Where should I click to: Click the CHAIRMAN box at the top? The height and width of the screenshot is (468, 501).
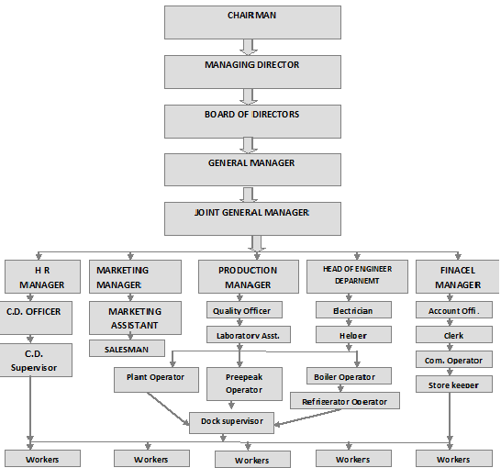252,22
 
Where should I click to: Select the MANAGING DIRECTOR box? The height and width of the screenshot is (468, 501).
252,71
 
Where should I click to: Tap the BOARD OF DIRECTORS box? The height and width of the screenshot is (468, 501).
252,119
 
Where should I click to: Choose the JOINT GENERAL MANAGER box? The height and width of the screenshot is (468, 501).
252,217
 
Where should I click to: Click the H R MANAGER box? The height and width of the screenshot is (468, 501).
36,277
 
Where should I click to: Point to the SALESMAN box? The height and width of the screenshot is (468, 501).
127,349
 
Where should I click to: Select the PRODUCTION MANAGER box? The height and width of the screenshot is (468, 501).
248,277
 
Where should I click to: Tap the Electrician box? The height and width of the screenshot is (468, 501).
352,310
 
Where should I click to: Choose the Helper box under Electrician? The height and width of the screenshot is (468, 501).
352,335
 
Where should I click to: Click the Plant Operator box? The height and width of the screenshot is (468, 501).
155,376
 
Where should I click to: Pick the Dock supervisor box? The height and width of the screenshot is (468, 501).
232,421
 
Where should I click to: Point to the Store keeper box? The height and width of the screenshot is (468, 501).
452,384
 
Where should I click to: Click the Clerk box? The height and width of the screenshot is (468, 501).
452,335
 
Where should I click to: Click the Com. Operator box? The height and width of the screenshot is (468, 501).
452,360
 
